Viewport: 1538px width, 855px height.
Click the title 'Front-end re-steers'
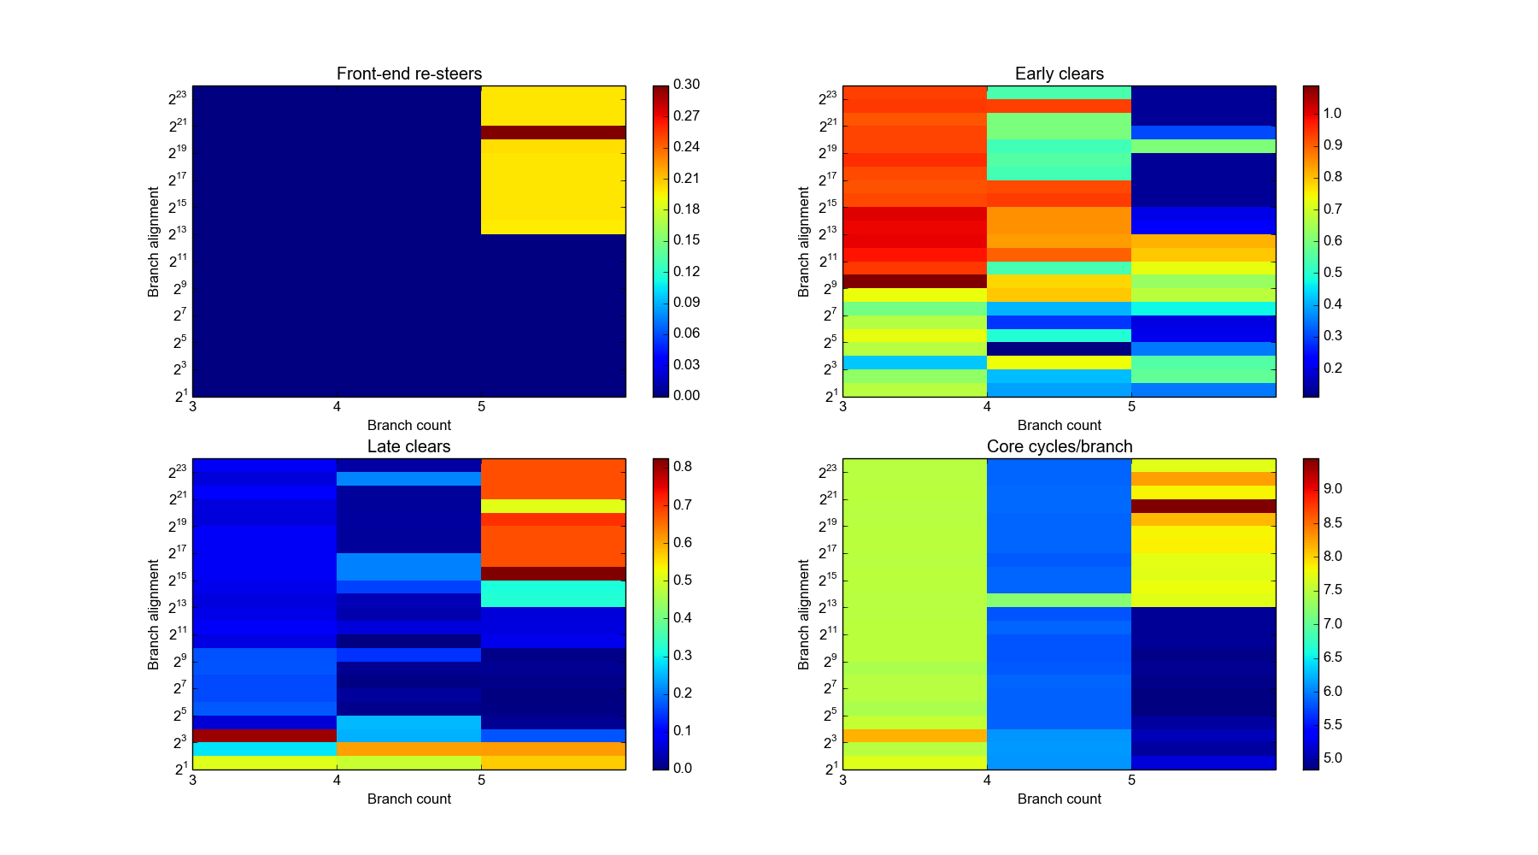[408, 74]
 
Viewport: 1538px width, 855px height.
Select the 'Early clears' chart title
[1059, 74]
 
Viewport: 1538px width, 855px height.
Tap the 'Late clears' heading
[408, 446]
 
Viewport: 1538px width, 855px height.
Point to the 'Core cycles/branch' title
[1059, 446]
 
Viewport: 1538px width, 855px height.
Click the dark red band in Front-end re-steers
[553, 133]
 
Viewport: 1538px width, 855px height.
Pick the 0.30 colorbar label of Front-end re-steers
[686, 84]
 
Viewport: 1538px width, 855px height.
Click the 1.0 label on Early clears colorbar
[1332, 113]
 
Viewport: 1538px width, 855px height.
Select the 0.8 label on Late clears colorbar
[682, 466]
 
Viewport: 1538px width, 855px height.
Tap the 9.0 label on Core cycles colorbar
[1332, 488]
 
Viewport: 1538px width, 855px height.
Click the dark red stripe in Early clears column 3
[914, 281]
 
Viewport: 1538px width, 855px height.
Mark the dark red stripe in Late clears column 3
[264, 735]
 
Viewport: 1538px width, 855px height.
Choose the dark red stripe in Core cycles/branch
[1203, 506]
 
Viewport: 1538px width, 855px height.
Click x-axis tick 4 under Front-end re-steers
[337, 406]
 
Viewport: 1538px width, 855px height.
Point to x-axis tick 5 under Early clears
[1131, 406]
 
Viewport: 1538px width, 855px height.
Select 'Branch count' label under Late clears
[408, 799]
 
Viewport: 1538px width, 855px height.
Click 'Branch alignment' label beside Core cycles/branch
[803, 614]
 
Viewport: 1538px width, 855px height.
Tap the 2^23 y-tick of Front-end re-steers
[177, 98]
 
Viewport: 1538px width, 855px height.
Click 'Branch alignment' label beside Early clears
[803, 241]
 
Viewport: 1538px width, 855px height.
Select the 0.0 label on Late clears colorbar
[682, 768]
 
